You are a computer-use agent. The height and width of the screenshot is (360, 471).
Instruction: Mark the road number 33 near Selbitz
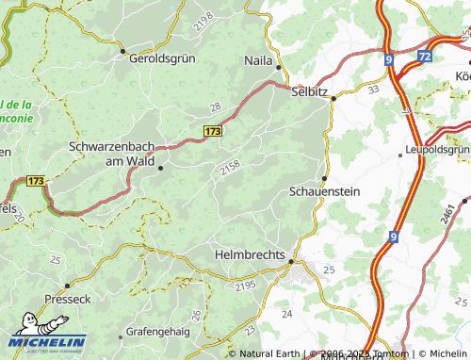click(x=373, y=90)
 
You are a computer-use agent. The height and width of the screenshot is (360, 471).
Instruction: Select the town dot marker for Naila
click(x=278, y=67)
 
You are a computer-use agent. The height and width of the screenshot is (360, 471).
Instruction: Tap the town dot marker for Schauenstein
click(x=325, y=178)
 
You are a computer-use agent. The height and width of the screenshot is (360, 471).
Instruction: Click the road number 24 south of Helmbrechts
click(x=288, y=312)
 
